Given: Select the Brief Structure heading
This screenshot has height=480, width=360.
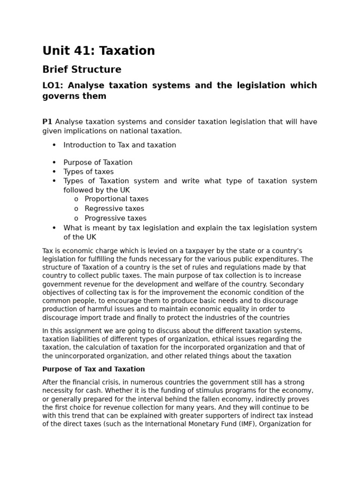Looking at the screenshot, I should (x=82, y=70).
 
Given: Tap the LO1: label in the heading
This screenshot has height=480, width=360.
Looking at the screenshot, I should (x=52, y=85).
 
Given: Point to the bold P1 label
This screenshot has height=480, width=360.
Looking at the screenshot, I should (x=47, y=122).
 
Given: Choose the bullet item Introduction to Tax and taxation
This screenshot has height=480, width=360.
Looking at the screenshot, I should (x=120, y=145).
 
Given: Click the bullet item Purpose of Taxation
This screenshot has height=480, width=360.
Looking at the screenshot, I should (x=98, y=163).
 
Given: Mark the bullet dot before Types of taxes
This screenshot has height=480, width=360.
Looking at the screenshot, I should (x=54, y=172).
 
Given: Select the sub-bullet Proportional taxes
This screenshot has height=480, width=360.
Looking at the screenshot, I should (x=116, y=199).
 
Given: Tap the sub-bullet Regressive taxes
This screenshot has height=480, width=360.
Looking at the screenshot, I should (x=114, y=209).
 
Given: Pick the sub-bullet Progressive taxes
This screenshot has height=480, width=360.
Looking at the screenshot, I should (x=115, y=218).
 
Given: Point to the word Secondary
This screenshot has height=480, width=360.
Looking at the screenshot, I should (x=287, y=284).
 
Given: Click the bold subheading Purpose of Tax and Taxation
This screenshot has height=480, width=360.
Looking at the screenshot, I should (x=93, y=369).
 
